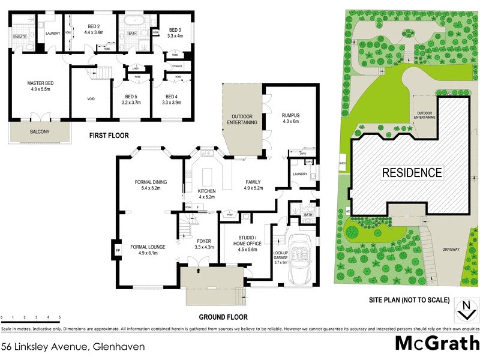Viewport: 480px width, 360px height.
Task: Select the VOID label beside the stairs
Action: coord(91,99)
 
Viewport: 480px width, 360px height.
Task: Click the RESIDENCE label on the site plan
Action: coord(412,173)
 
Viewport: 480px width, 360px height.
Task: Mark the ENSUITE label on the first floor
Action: coord(20,37)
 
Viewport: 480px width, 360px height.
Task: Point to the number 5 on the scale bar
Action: coord(59,317)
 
